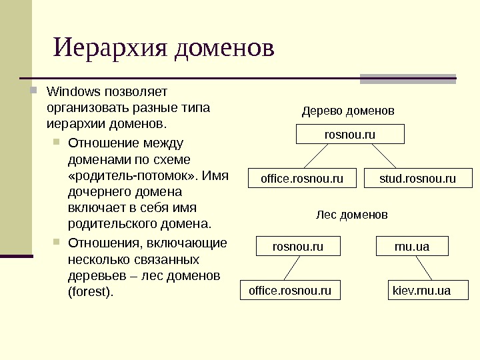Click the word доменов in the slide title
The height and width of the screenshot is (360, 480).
[224, 49]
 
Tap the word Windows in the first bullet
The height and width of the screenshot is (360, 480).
[74, 91]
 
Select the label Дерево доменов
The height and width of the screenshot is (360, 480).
[348, 110]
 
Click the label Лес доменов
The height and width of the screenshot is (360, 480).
[351, 215]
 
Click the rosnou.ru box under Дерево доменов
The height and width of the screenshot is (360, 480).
[350, 135]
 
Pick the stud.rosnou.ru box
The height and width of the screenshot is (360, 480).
[417, 179]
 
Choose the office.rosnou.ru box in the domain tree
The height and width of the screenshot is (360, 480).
[302, 179]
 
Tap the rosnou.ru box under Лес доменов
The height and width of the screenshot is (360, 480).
[298, 247]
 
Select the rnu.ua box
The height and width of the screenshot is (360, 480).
[412, 247]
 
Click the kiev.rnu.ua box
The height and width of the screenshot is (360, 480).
[421, 291]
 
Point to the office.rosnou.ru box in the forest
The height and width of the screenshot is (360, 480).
[290, 291]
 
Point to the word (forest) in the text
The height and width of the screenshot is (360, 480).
[91, 292]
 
